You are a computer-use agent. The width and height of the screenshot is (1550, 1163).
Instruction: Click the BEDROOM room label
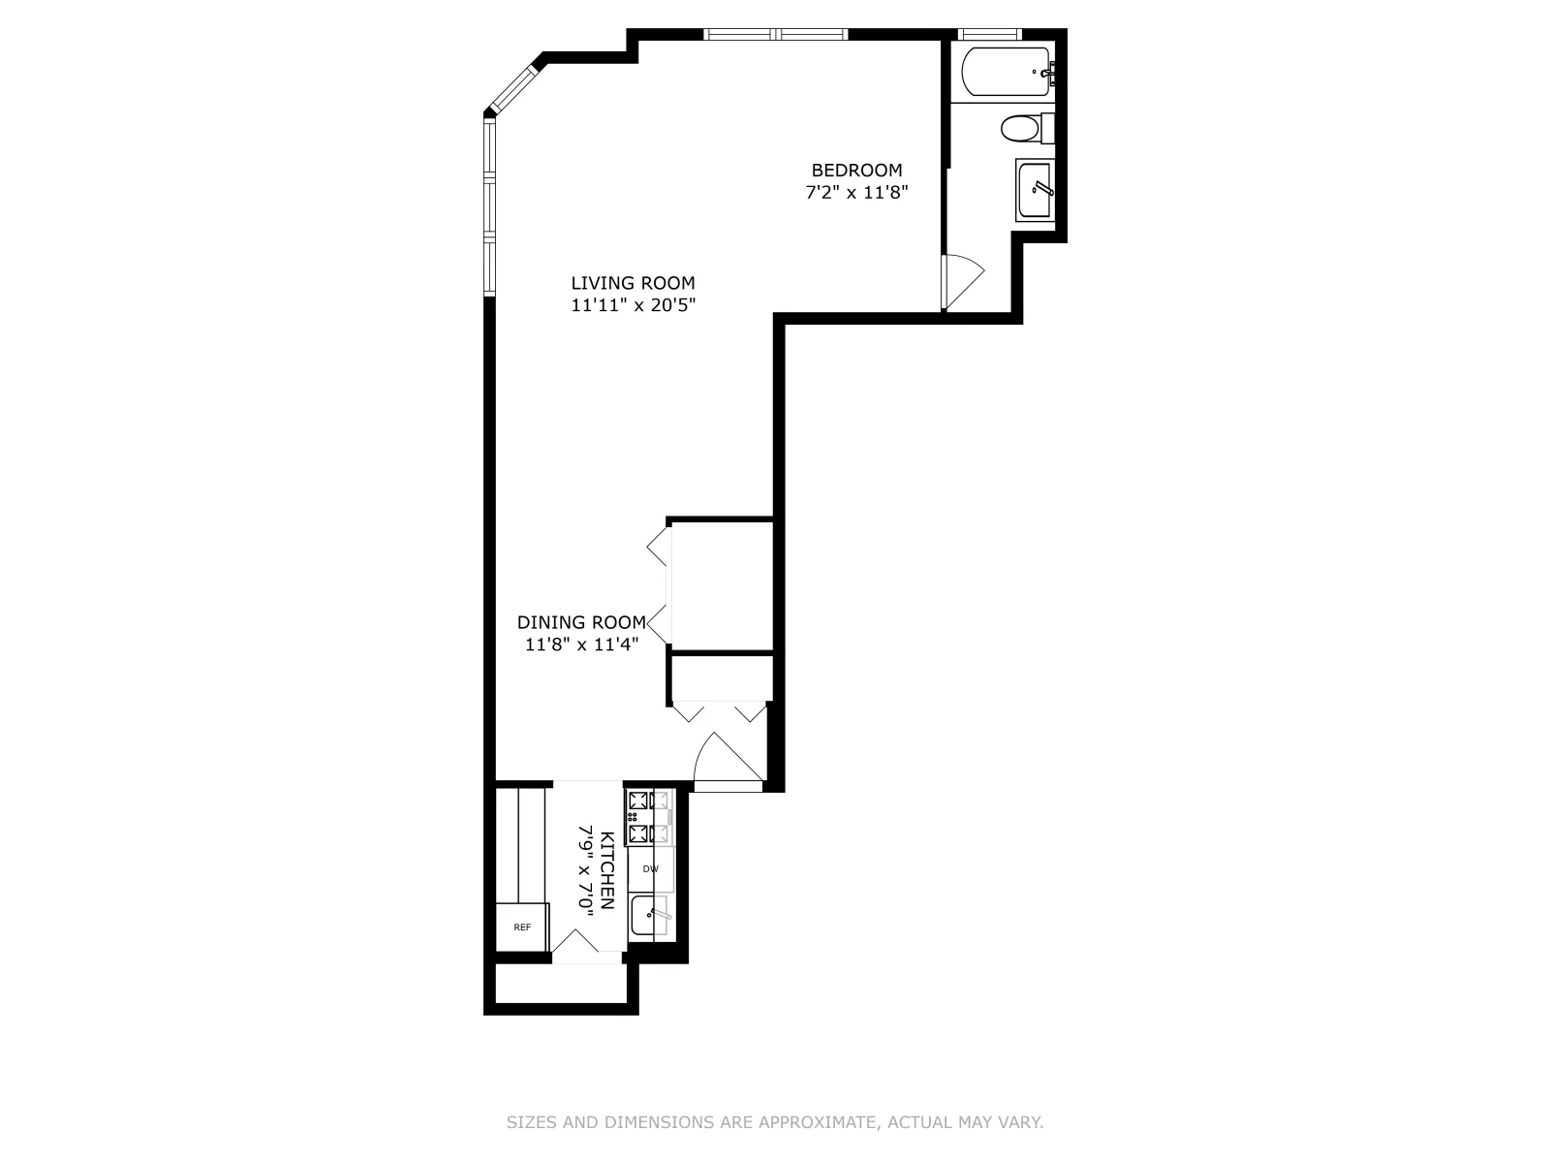pos(856,171)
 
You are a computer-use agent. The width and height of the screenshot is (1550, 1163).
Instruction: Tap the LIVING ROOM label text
pos(633,283)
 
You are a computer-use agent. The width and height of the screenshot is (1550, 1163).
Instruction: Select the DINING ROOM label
pos(581,622)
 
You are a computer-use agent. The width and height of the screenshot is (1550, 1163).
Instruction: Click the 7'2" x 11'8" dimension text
pos(856,192)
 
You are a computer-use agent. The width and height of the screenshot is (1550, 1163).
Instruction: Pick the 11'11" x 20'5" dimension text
pos(633,305)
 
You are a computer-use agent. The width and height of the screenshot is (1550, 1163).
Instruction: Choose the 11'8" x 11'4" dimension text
pos(581,644)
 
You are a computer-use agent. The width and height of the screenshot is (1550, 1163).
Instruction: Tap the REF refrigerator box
pos(522,927)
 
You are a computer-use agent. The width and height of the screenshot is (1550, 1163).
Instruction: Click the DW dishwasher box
pos(651,869)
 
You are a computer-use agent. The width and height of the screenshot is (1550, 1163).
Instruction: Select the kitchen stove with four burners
pos(649,817)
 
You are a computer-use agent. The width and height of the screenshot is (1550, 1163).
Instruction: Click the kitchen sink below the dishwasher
pos(650,916)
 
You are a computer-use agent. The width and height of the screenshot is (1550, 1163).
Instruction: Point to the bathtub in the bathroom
pos(1005,72)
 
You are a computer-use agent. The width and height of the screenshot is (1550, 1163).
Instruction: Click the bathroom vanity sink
pos(1035,190)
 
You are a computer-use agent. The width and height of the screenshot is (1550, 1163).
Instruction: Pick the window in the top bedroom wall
pos(776,35)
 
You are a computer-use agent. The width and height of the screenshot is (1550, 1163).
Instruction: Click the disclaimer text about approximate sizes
pos(775,1122)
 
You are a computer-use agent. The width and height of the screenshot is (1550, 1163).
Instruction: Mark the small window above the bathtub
pos(990,35)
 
